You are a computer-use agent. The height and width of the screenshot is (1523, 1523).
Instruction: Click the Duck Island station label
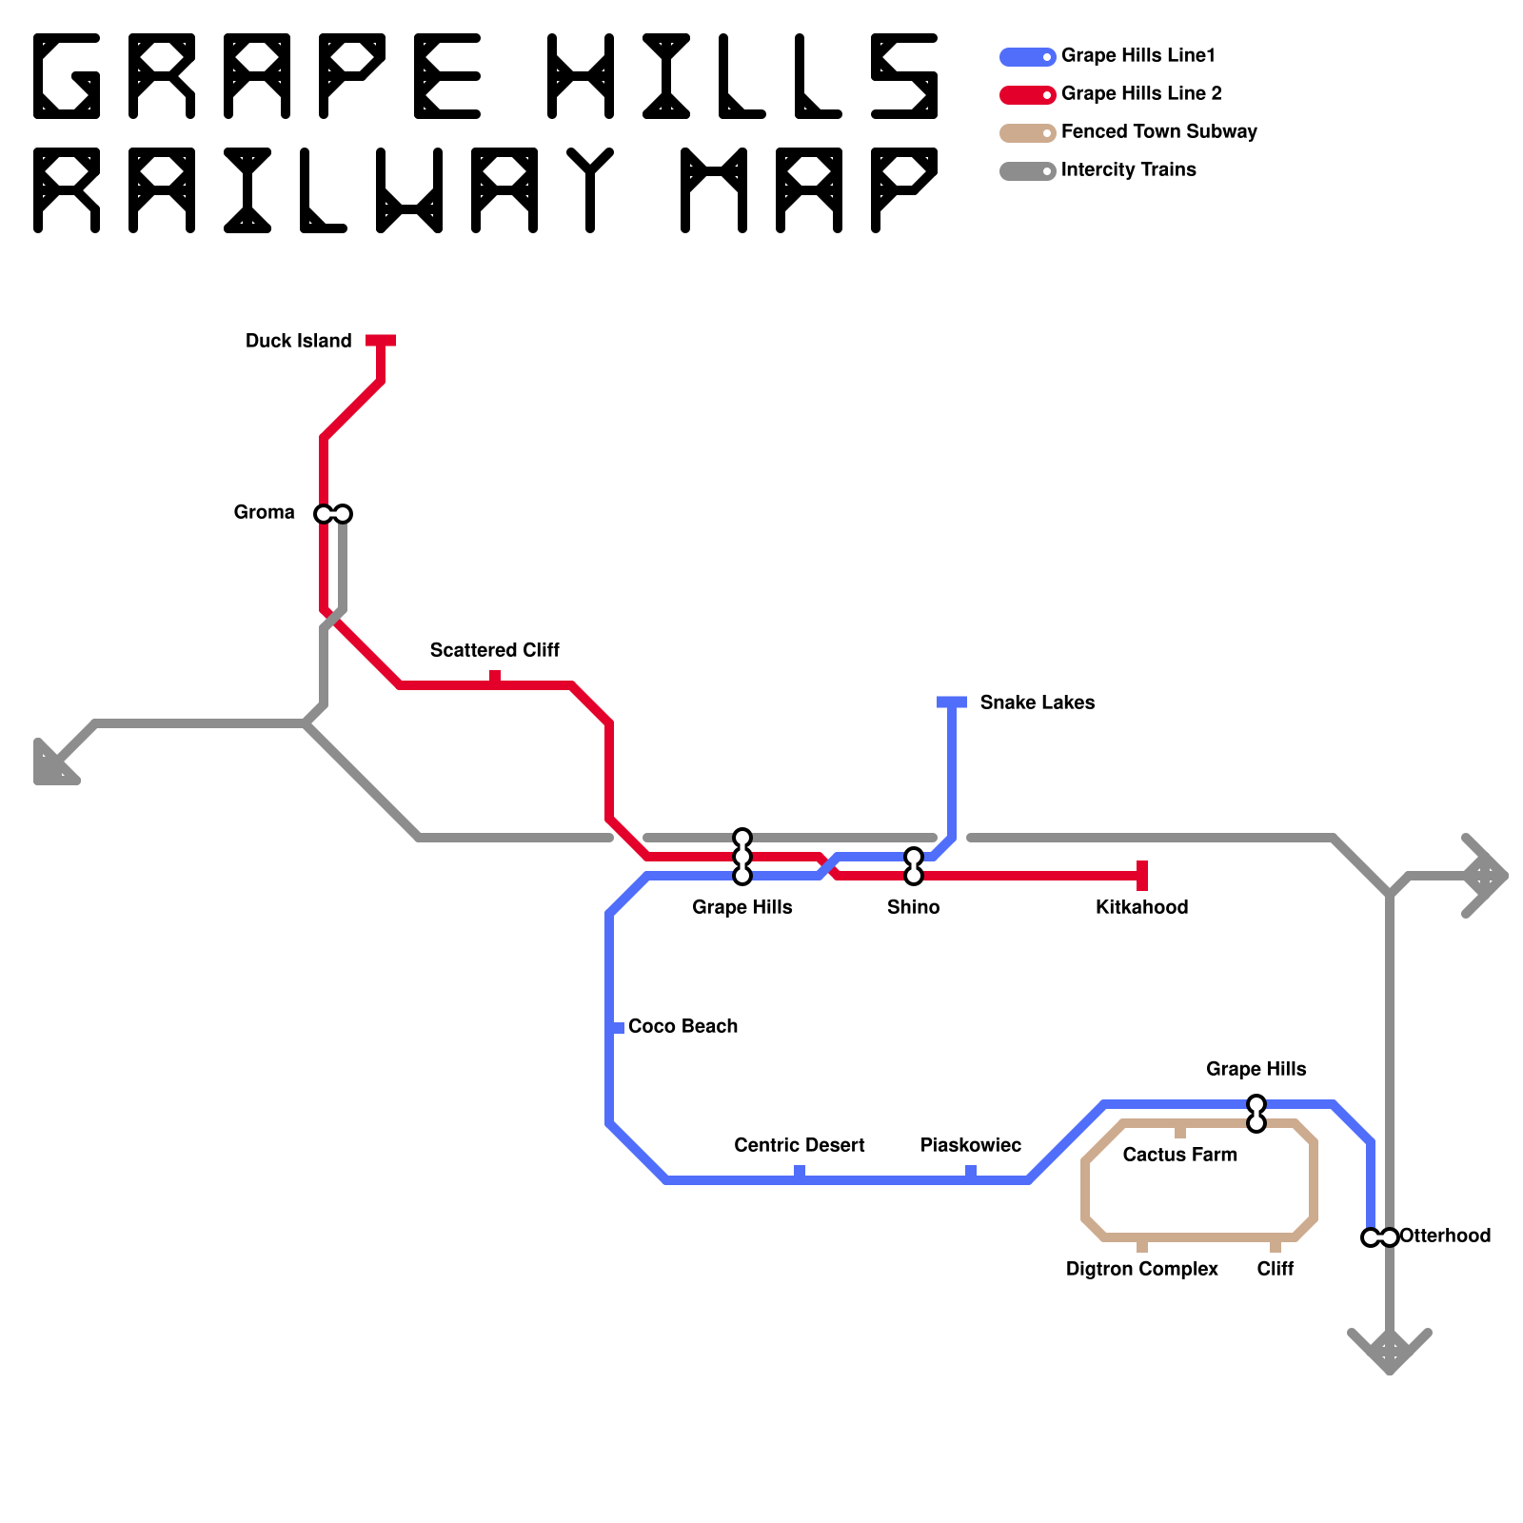pos(298,341)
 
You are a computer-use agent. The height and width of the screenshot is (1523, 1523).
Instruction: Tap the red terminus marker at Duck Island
pos(381,341)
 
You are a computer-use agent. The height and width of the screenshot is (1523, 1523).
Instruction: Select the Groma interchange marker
pos(333,514)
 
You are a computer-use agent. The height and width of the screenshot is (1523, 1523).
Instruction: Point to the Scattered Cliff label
pos(494,650)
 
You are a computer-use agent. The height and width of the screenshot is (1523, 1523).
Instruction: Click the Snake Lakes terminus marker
pos(952,702)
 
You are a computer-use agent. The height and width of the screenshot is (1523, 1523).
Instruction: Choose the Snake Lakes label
pos(1037,702)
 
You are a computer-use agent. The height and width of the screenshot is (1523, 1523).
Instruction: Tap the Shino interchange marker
pos(914,866)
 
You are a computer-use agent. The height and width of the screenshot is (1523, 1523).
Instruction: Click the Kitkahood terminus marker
pos(1142,876)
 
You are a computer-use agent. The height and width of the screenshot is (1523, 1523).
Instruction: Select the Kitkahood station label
pos(1141,907)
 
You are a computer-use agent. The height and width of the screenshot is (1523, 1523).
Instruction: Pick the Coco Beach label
pos(682,1026)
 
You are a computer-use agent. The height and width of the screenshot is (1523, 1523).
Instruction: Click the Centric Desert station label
pos(799,1145)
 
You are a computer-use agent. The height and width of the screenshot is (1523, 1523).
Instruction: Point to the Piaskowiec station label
pos(970,1145)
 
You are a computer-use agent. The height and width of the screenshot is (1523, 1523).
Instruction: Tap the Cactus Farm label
pos(1179,1155)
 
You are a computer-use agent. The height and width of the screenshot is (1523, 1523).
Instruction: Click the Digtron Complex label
pos(1141,1269)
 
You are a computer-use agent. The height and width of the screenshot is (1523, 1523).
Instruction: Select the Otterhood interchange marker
pos(1380,1237)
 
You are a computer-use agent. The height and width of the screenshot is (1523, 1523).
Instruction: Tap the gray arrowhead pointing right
pos(1485,876)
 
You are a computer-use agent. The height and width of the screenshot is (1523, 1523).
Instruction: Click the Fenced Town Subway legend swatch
pos(1027,133)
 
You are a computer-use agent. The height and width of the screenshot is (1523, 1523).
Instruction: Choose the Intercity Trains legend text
pos(1128,169)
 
